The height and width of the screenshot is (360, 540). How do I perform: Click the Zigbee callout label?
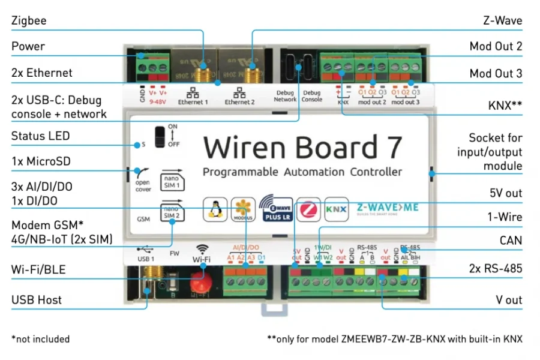pos(29,21)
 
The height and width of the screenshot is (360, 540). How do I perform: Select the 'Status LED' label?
pos(40,136)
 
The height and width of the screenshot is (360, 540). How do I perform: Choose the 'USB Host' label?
pos(37,300)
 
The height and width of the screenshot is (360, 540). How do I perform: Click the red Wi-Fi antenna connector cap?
pos(199,282)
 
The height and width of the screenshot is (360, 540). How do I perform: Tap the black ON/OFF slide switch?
pos(159,136)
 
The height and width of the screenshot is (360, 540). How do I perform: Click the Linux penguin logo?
pos(213,209)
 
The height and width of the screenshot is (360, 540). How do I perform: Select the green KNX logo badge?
pos(336,209)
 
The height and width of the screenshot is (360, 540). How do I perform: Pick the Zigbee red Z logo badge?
pos(309,209)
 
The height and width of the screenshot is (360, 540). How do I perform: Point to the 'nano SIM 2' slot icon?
pos(171,211)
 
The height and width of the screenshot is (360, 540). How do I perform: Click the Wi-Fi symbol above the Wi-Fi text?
pos(202,248)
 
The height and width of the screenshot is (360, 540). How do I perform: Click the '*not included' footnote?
pos(40,339)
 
